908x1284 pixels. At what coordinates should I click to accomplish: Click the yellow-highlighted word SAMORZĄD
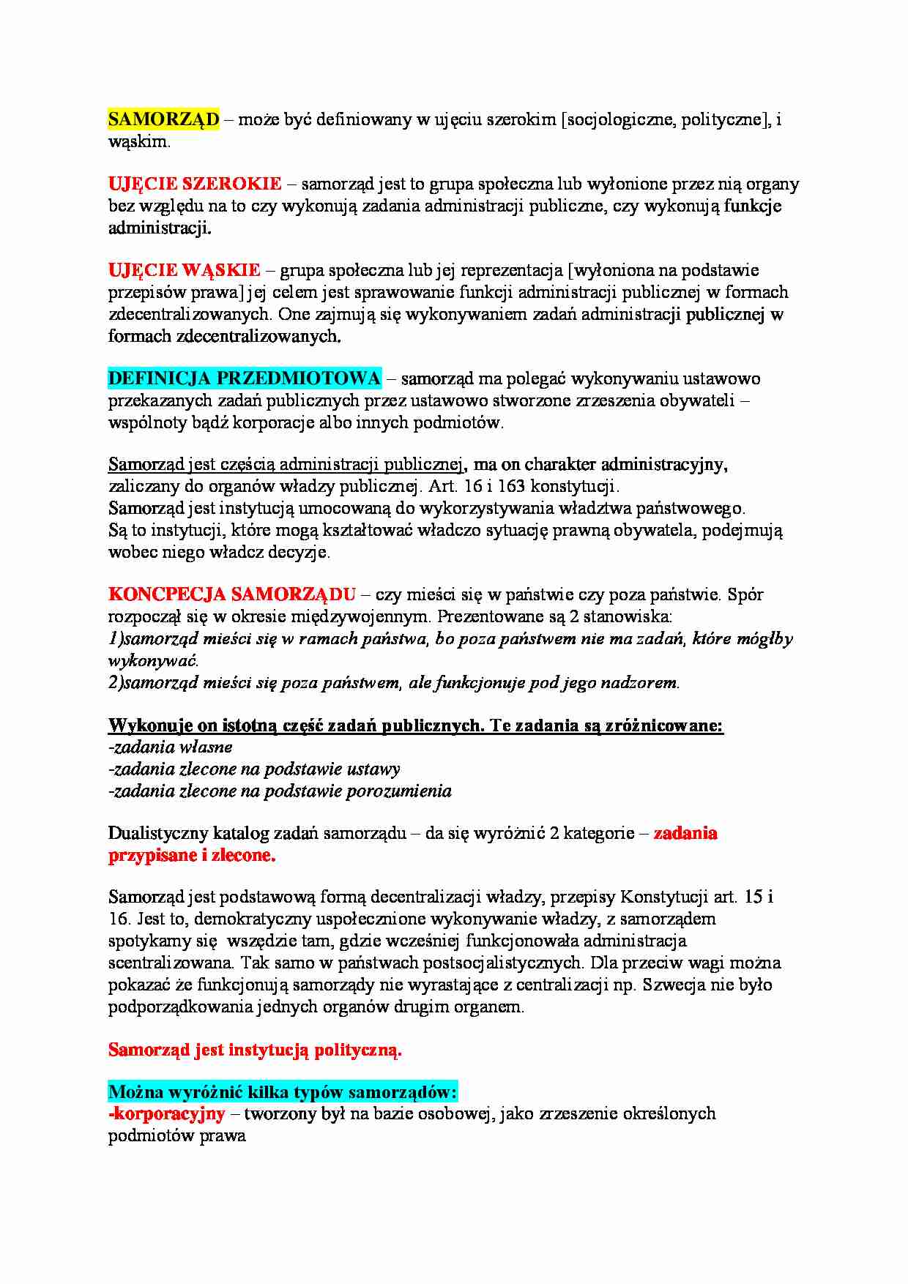tap(163, 119)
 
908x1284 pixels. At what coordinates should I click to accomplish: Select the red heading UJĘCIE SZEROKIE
tap(195, 184)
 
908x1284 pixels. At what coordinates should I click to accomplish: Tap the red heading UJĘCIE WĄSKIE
tap(184, 270)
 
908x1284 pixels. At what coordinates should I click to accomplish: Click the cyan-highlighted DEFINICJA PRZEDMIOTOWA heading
tap(245, 378)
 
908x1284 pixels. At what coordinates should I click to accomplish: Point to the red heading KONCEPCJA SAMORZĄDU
tap(232, 594)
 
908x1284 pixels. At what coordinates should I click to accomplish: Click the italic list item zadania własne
tap(171, 747)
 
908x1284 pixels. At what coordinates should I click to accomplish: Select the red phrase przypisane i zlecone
tap(192, 855)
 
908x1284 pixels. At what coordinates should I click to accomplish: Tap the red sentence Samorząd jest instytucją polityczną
tap(255, 1050)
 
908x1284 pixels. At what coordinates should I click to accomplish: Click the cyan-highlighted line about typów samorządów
tap(283, 1092)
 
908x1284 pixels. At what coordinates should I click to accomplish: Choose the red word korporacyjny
tap(166, 1113)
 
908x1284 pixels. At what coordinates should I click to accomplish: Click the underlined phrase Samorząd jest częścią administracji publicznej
tap(286, 464)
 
